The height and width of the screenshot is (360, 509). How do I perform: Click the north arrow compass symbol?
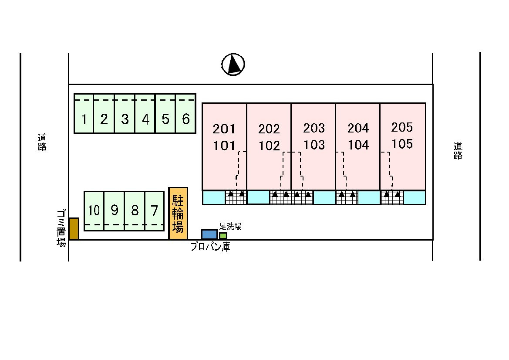233,65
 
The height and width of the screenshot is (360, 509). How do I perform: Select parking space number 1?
84,114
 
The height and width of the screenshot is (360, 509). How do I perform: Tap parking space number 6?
185,114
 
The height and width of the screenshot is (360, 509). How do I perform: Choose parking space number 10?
94,211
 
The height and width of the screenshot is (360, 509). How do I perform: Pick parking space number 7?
155,211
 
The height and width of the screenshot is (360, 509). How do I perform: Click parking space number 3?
125,114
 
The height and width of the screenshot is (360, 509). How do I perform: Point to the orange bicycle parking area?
178,214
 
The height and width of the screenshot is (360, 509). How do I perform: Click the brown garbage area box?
74,229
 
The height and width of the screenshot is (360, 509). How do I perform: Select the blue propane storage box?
209,234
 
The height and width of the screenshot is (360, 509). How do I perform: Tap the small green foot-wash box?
223,236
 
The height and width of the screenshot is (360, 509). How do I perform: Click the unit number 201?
224,129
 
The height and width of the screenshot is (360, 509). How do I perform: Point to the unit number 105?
402,144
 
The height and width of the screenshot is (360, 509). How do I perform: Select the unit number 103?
314,145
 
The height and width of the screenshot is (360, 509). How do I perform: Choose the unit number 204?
358,128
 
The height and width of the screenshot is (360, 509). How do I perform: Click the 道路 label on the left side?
42,143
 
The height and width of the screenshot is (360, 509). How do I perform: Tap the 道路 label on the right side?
458,151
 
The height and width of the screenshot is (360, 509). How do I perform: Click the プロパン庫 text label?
210,247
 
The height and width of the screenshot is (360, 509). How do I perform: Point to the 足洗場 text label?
230,226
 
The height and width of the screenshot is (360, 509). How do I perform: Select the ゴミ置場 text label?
61,228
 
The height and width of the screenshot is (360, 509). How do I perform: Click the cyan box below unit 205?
415,197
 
